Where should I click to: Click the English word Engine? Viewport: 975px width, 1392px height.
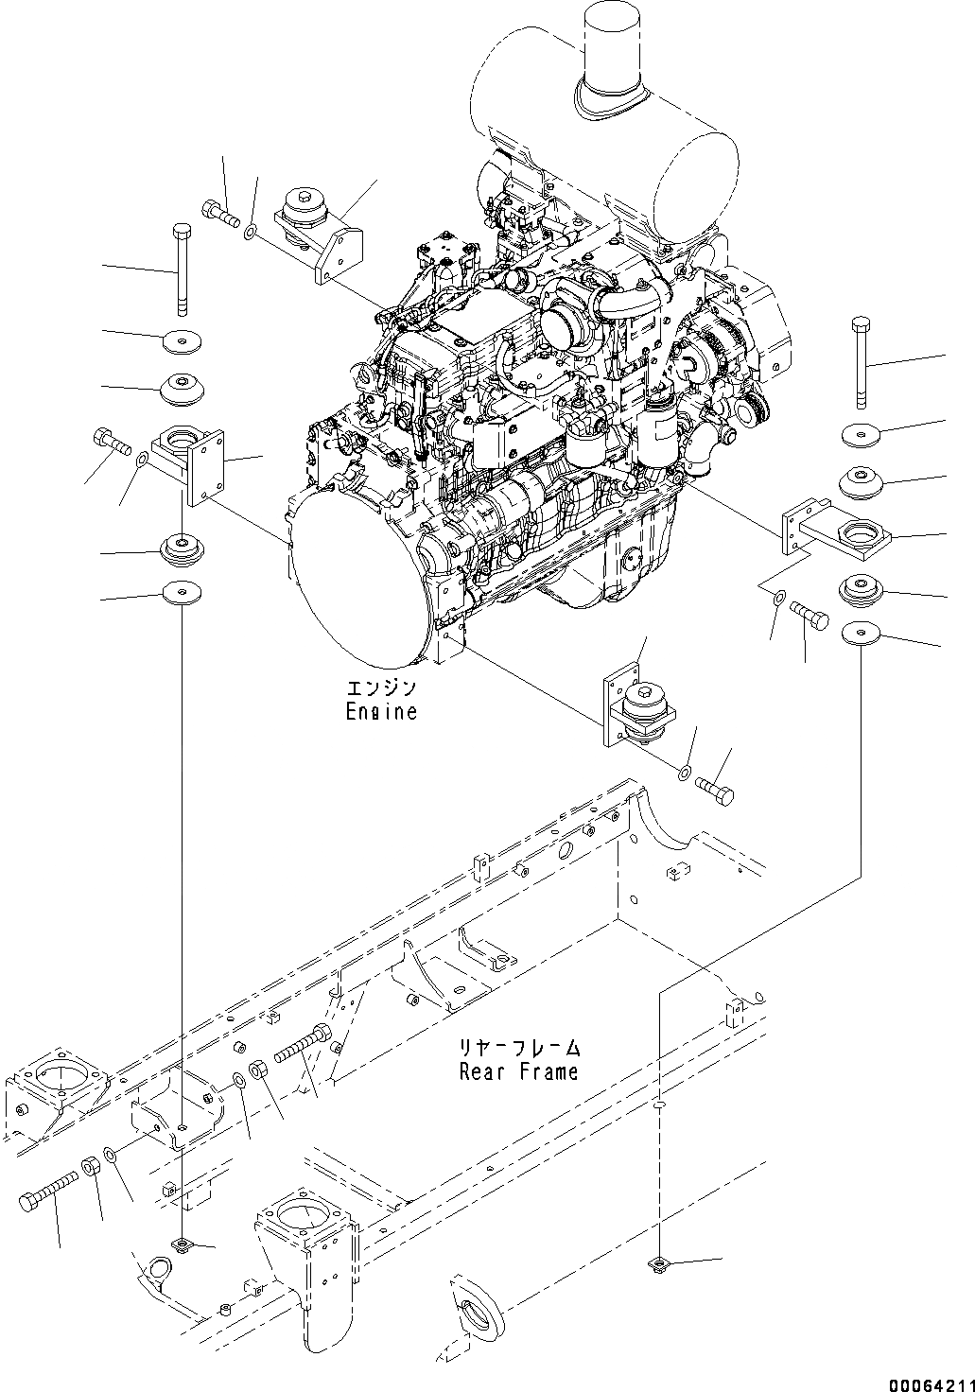click(x=380, y=712)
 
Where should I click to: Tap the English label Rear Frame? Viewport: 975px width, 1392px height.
click(x=518, y=1071)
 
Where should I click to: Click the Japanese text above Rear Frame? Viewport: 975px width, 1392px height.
click(x=518, y=1049)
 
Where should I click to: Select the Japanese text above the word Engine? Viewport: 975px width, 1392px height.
click(x=380, y=688)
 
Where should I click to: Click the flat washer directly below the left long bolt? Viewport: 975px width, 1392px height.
click(x=181, y=340)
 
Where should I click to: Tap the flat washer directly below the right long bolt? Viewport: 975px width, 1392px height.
click(x=861, y=435)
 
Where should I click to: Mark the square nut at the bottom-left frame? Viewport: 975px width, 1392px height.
click(x=181, y=1244)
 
